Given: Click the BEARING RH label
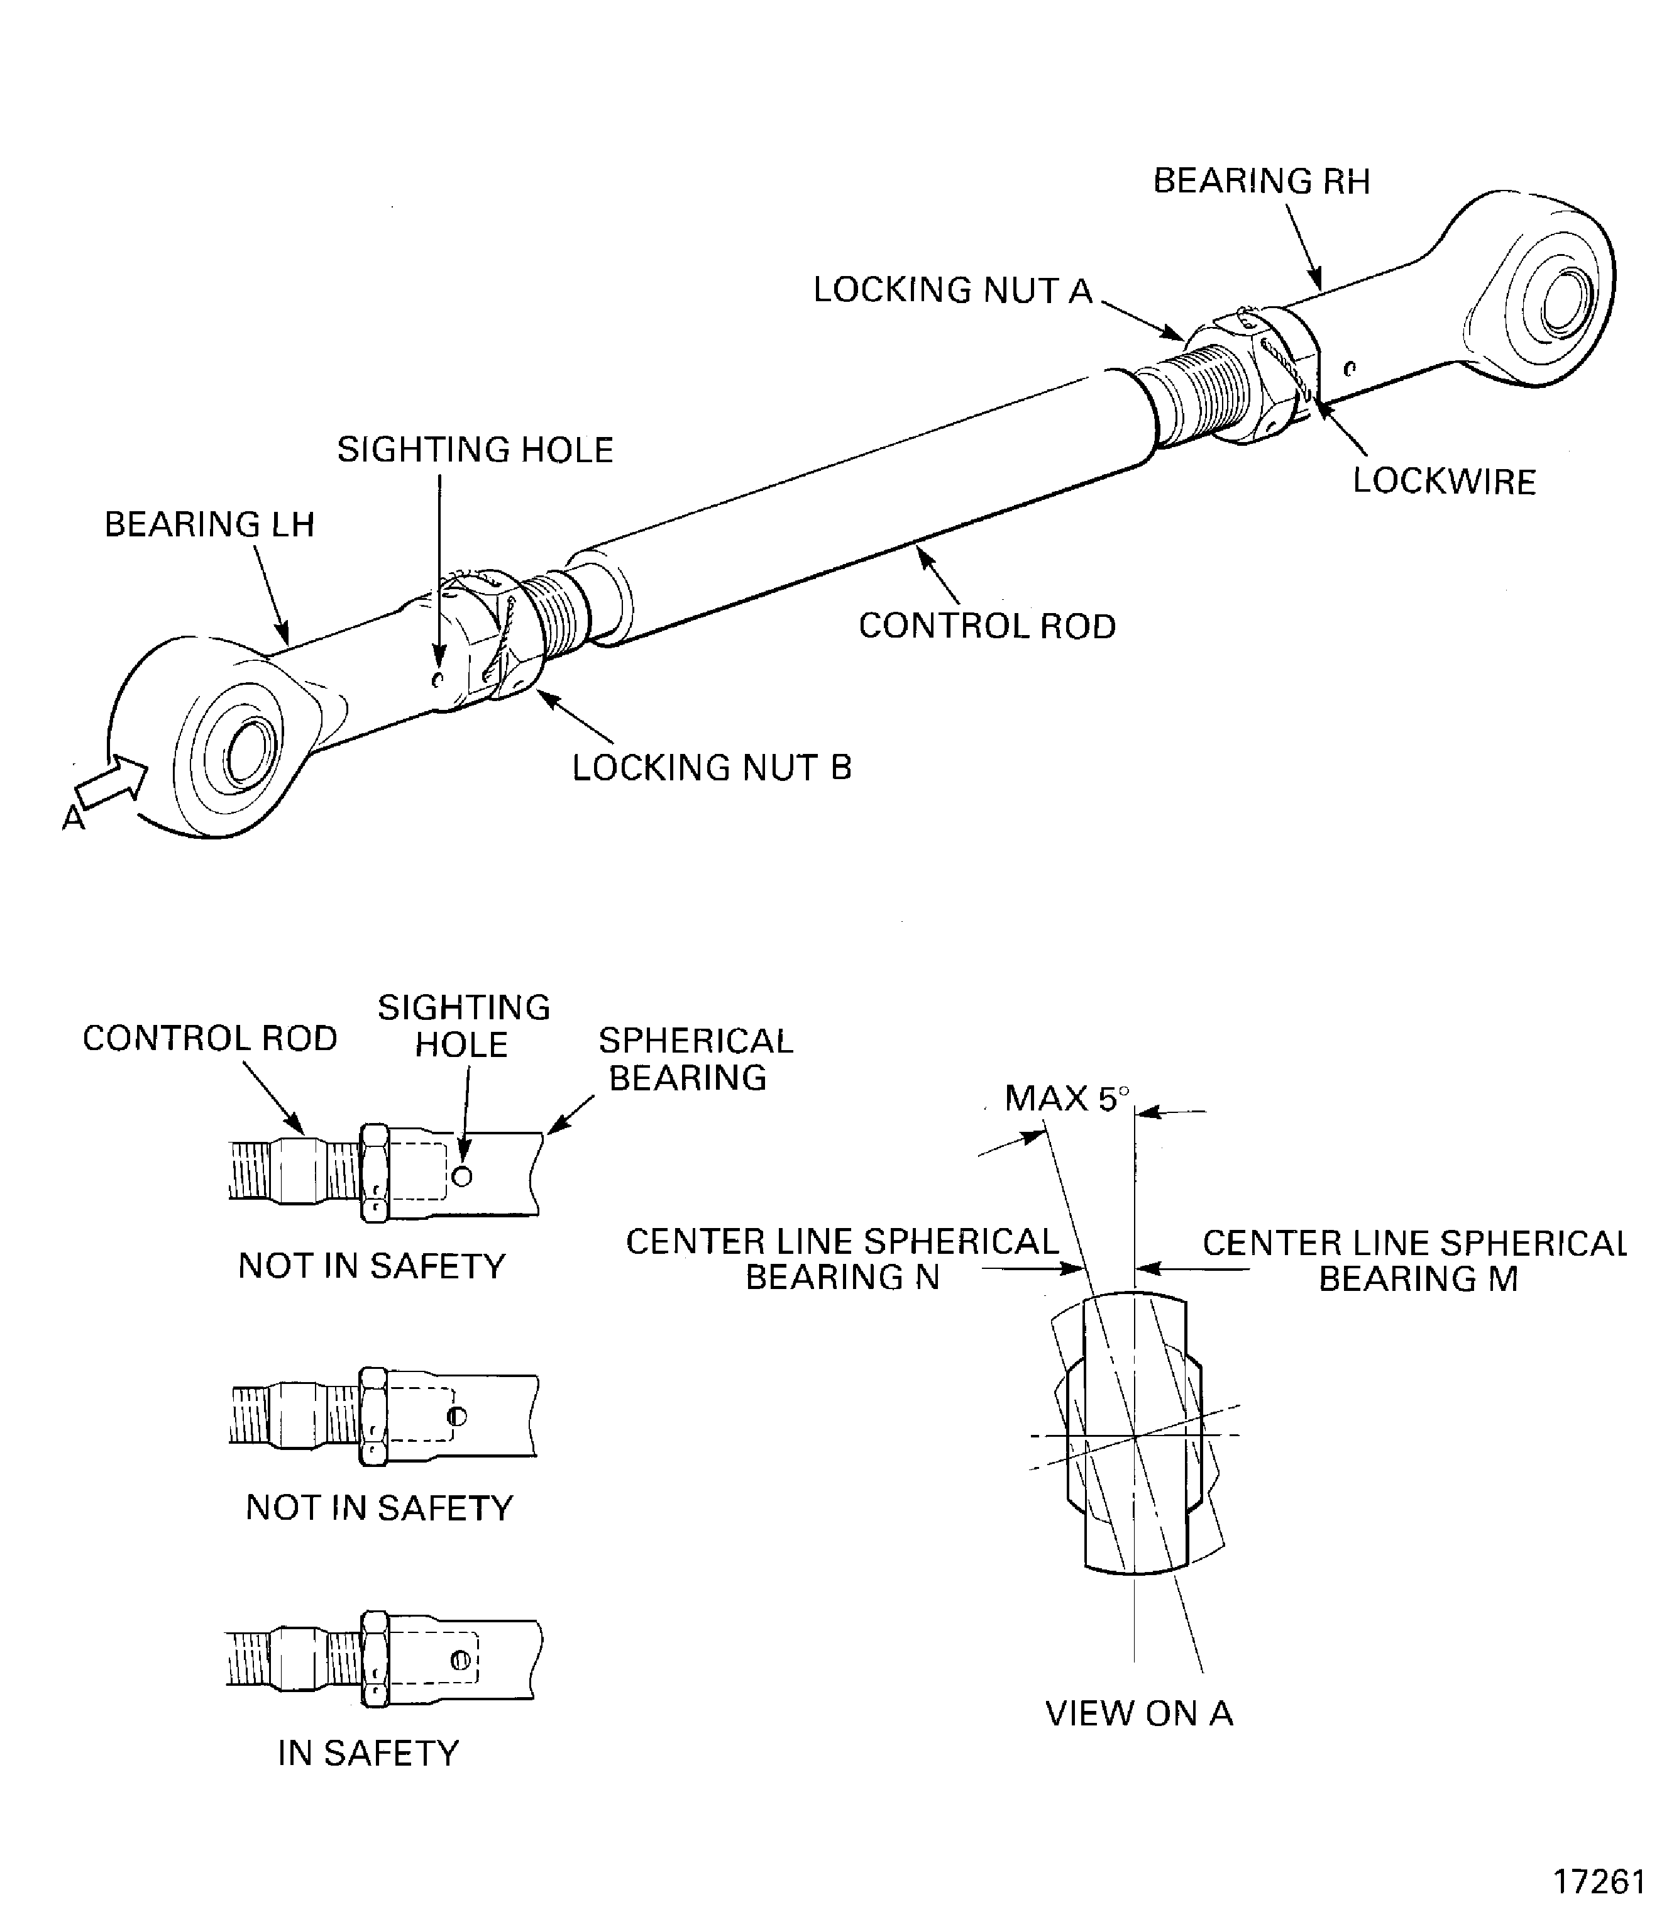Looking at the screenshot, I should click(1261, 181).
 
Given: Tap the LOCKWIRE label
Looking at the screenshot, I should click(1444, 481).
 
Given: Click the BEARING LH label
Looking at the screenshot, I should click(209, 524).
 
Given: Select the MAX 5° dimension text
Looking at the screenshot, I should click(1067, 1098).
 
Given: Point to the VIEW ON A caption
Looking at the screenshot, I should click(1138, 1713).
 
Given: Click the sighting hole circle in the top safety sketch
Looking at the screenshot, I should click(461, 1176).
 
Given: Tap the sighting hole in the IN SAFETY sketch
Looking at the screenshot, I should click(460, 1661).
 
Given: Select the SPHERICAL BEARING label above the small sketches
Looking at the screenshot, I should click(695, 1059).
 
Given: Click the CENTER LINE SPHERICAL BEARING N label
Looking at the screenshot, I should click(842, 1259).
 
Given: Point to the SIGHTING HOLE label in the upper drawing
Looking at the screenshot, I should click(475, 450).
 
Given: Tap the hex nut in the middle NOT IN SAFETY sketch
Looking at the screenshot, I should click(373, 1416).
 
